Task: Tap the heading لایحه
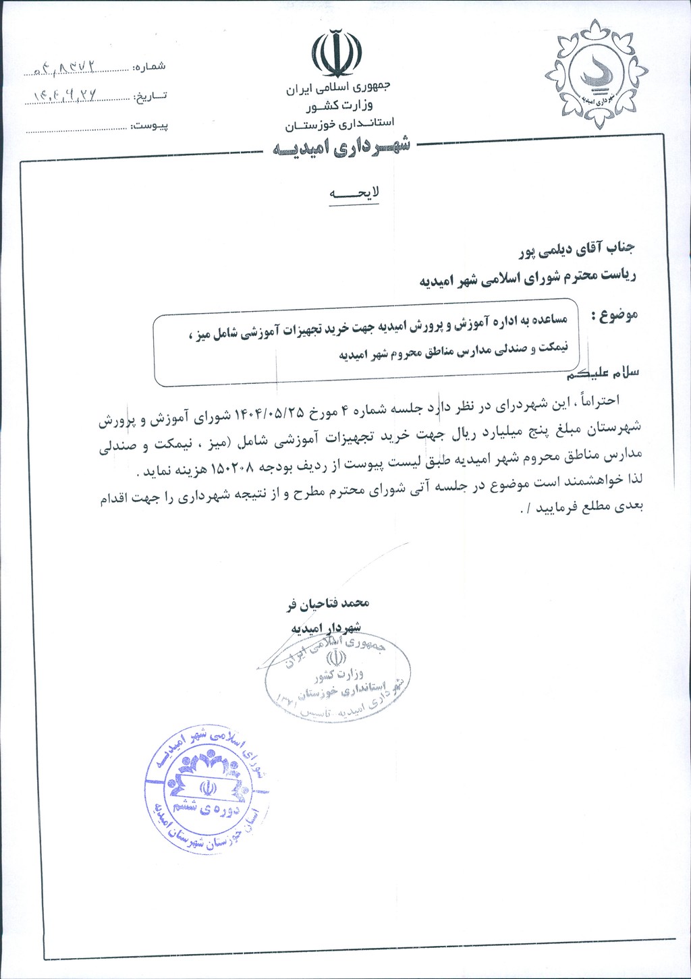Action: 354,193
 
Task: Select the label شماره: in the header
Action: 149,67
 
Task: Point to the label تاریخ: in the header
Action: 149,96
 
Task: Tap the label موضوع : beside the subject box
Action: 613,315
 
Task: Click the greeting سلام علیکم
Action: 604,373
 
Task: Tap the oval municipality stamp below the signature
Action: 338,677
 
